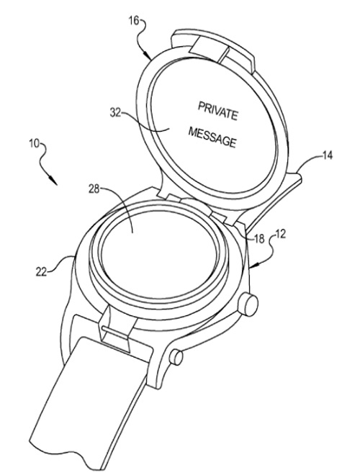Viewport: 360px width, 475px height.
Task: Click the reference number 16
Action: click(134, 22)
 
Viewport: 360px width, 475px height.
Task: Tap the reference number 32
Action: click(115, 113)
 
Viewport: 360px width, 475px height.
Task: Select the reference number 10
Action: click(35, 143)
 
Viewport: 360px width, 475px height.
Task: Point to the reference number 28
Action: click(94, 189)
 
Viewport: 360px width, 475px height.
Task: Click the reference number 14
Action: click(327, 155)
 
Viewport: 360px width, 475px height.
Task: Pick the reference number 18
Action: click(259, 239)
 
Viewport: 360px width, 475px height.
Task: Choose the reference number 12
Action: click(280, 234)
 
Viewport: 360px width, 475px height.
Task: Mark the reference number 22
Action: click(41, 271)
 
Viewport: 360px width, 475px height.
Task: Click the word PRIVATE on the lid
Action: click(218, 111)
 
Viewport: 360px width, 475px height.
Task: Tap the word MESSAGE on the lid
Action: click(212, 137)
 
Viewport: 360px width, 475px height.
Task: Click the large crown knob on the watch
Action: click(248, 304)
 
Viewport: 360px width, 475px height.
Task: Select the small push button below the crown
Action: click(176, 357)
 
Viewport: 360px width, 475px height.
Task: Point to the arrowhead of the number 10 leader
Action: click(55, 181)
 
